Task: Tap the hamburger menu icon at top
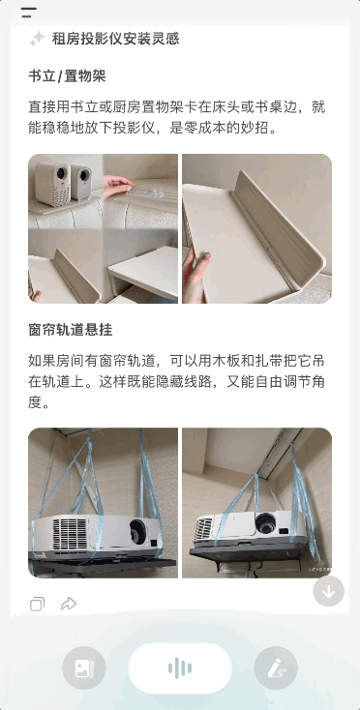(x=29, y=13)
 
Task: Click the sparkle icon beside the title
(x=37, y=39)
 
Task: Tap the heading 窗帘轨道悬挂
(x=71, y=329)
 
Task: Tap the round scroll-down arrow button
(x=328, y=590)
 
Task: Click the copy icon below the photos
(x=37, y=605)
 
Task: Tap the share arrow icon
(x=69, y=605)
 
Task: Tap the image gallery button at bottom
(x=84, y=667)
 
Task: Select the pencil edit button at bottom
(x=276, y=667)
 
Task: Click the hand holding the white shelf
(x=204, y=261)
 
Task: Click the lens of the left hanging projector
(x=137, y=531)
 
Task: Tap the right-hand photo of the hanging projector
(x=256, y=503)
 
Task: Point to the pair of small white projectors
(x=64, y=181)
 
